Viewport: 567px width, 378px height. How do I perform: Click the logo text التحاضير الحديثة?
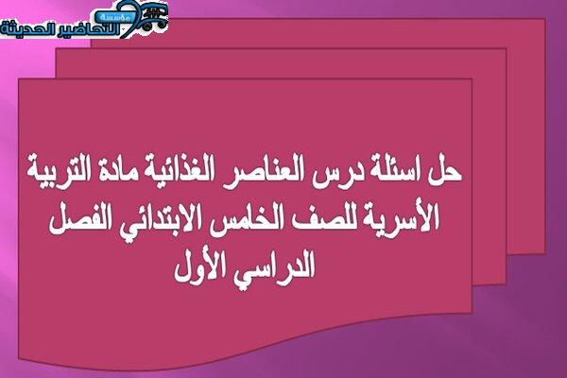[x=60, y=29]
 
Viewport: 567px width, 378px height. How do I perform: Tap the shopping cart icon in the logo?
[x=155, y=16]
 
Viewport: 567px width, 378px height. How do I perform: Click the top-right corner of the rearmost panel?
[x=545, y=19]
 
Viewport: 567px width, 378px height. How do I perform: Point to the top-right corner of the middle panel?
[x=506, y=49]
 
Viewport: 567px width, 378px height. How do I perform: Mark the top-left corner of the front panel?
[x=19, y=78]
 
